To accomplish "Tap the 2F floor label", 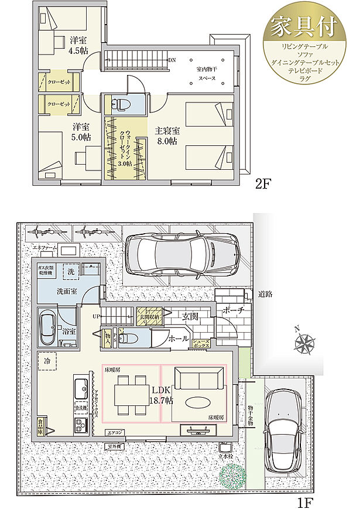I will (262, 185).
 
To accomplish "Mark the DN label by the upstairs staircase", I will (172, 60).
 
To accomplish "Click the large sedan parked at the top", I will (182, 252).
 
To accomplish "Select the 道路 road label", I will (265, 295).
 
